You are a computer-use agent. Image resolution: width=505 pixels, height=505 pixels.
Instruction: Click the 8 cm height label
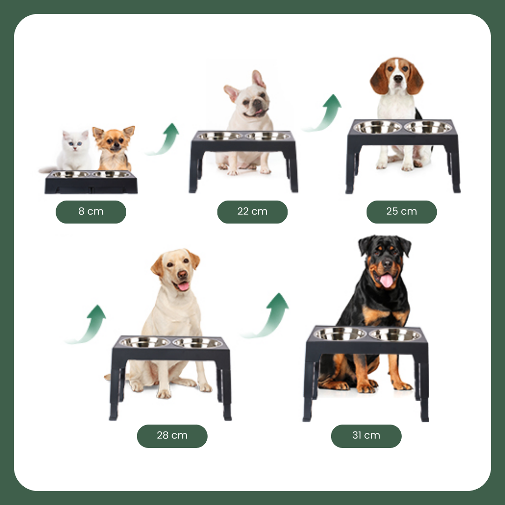click(91, 212)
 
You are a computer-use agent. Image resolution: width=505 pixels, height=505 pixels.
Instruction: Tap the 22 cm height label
click(252, 212)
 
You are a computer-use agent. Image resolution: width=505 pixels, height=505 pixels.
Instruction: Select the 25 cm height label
click(402, 212)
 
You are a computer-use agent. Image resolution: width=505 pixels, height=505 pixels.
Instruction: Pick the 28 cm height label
click(172, 436)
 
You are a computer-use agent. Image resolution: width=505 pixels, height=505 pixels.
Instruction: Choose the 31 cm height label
click(366, 436)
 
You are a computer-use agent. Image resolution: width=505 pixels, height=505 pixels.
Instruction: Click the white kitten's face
click(75, 142)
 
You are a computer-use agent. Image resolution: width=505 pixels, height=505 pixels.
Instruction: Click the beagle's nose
click(398, 78)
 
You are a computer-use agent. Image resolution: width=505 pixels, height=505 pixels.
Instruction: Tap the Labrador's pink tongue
click(183, 286)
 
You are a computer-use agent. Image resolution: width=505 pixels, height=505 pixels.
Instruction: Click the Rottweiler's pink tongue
click(387, 281)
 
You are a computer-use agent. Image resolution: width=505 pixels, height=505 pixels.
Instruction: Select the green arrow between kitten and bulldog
click(164, 139)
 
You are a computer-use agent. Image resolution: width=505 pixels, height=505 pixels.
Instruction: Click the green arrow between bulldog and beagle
click(324, 113)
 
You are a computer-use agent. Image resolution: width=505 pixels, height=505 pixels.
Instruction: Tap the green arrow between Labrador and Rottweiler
click(267, 316)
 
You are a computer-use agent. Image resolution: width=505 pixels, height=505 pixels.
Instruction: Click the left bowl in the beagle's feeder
click(377, 127)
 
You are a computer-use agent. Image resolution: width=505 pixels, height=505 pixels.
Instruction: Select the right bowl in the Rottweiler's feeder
click(395, 334)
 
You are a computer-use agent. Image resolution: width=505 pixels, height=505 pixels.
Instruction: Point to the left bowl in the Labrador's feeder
click(144, 342)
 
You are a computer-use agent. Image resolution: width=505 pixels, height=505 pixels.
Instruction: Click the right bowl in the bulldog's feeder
click(268, 136)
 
